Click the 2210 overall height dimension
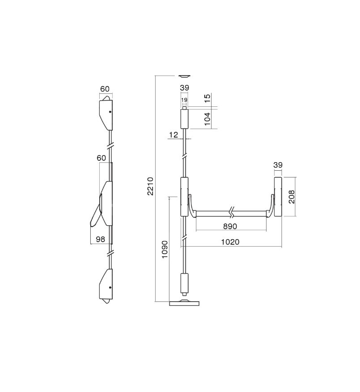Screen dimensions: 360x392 point(150,186)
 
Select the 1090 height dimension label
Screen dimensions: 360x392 point(165,249)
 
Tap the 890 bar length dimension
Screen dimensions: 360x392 point(230,226)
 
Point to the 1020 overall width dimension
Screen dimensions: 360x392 point(230,242)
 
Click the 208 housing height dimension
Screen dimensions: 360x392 point(292,197)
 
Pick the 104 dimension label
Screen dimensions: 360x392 point(208,119)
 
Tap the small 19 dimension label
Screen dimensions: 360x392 point(184,100)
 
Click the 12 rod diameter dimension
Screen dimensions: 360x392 point(174,135)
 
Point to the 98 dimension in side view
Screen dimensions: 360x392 point(101,239)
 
